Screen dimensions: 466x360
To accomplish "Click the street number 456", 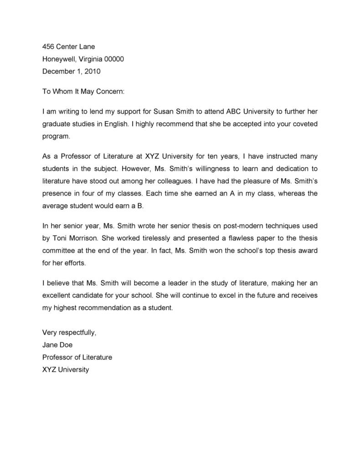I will point(48,47).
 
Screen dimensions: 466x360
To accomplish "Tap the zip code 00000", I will point(114,59).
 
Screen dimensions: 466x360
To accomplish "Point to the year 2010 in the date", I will point(93,71).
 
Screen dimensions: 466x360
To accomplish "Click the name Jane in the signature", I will point(50,345).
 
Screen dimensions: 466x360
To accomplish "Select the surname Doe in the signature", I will point(66,345).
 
